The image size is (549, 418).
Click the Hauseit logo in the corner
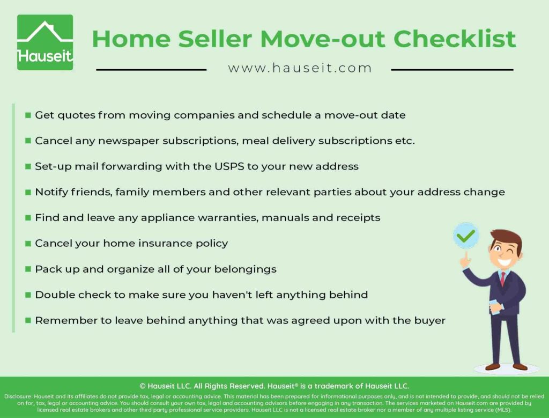45,42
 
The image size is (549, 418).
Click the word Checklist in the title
455,39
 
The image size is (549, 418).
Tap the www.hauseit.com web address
300,68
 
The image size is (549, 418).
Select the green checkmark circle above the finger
466,236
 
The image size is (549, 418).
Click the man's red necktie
502,279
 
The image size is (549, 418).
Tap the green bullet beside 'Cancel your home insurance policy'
28,244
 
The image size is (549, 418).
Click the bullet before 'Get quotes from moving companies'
28,115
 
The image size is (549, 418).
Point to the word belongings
245,269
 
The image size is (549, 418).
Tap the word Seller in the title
214,39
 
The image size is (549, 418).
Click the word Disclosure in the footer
18,397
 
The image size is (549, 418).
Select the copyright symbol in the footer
143,386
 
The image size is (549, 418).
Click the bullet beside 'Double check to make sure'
28,295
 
